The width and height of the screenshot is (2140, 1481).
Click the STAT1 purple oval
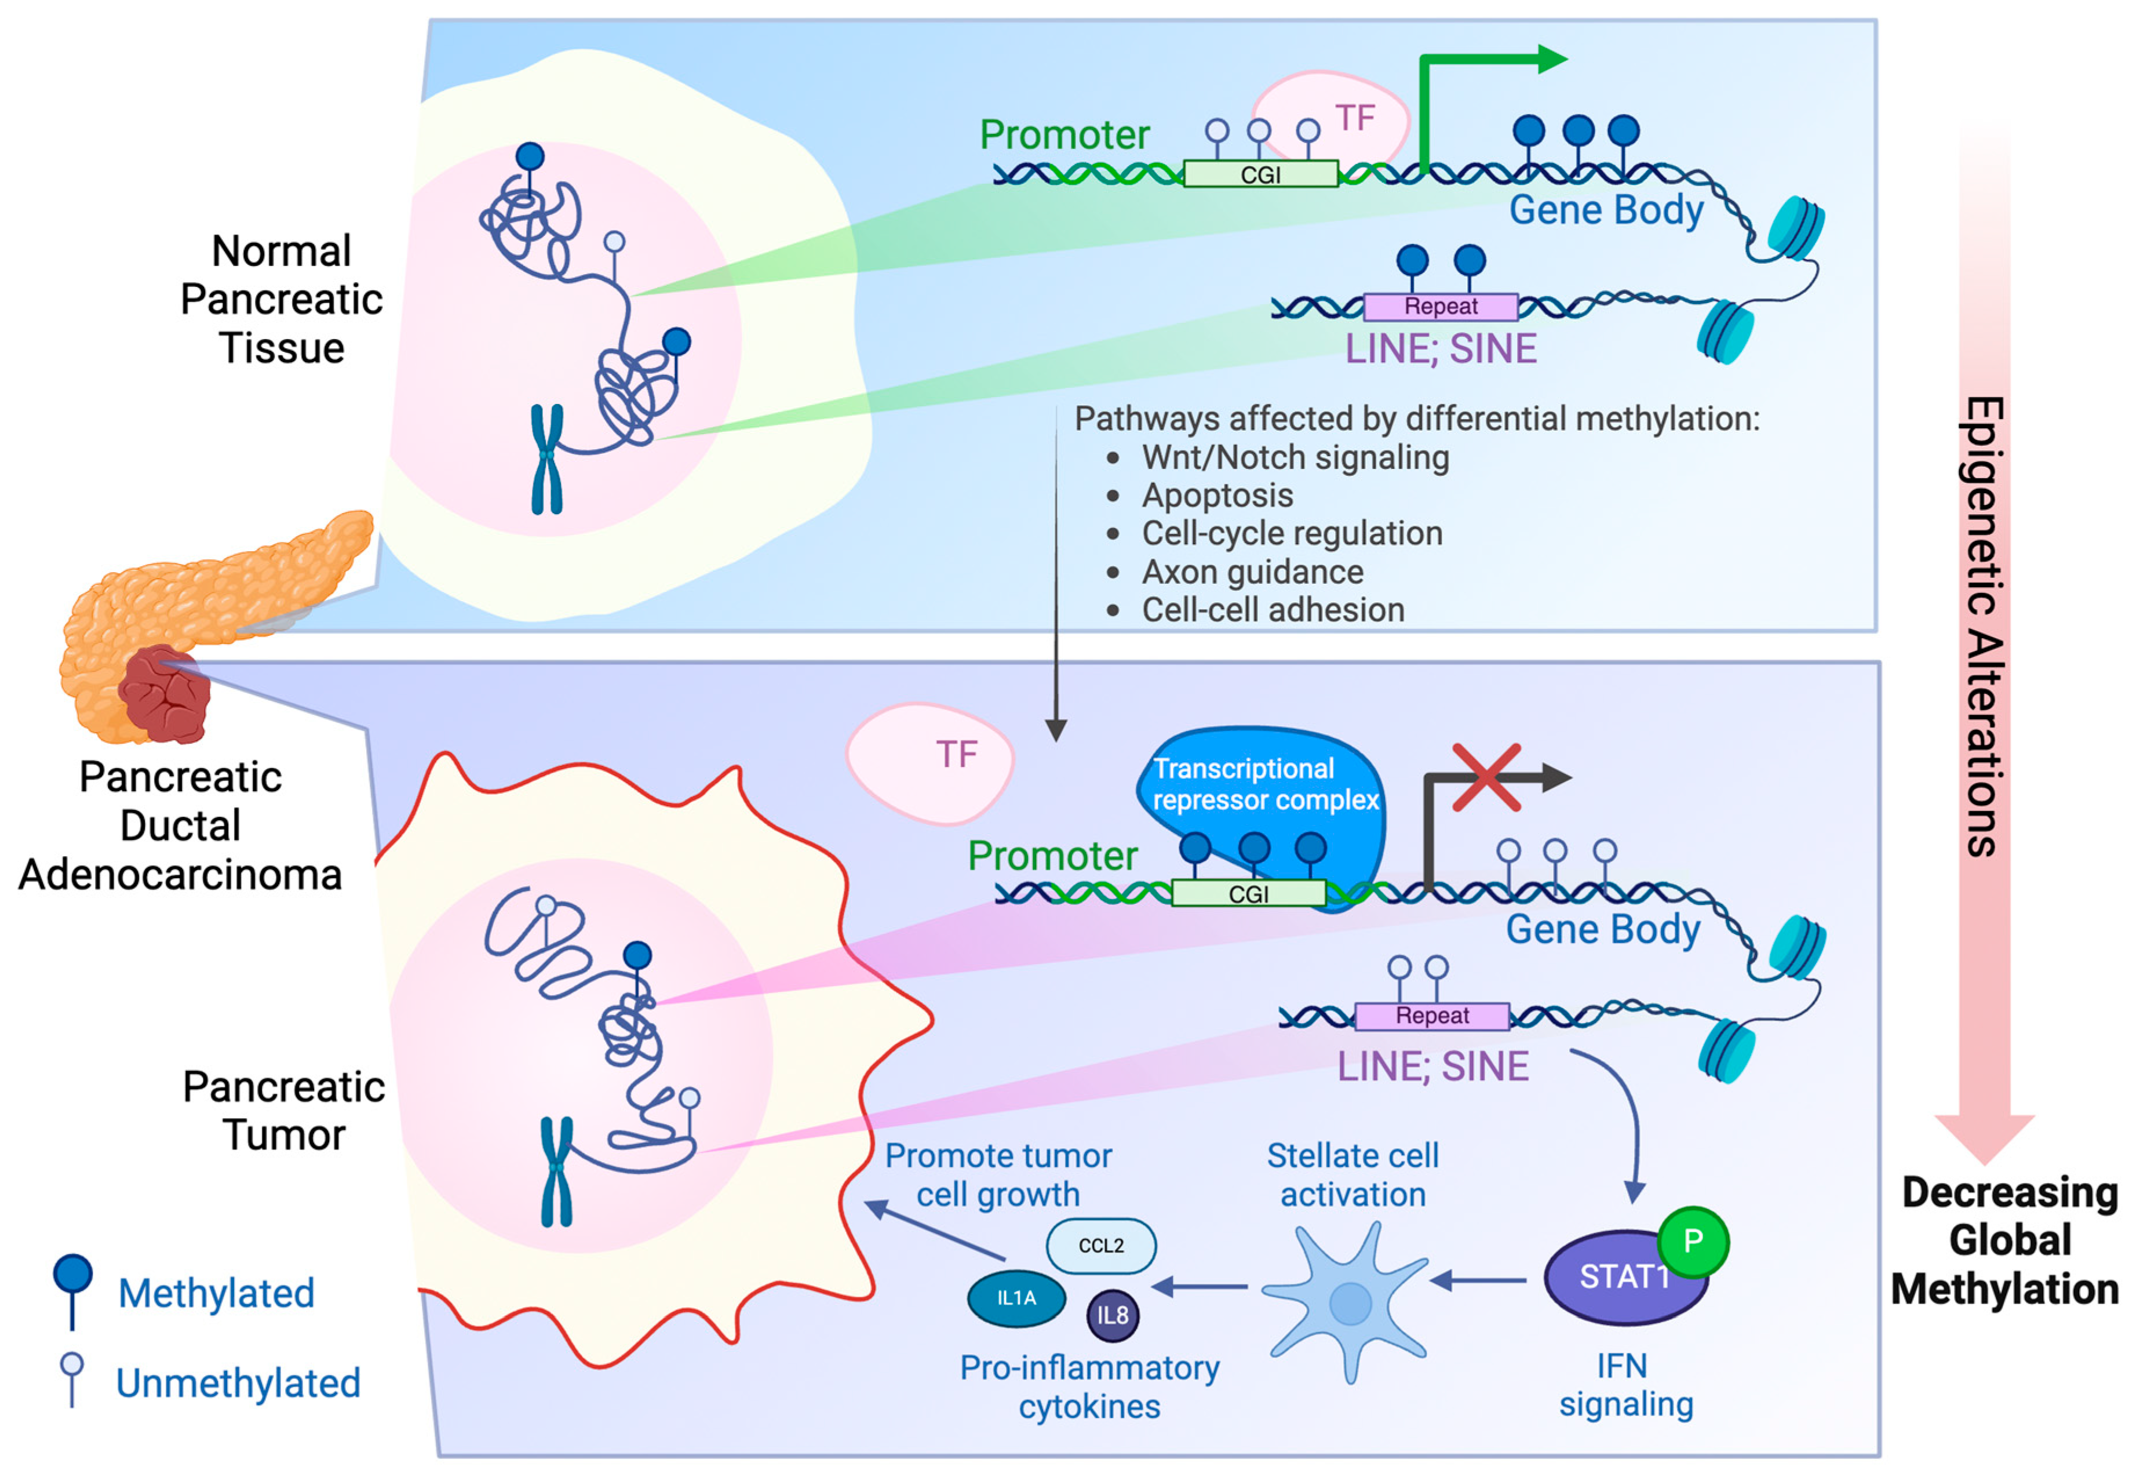coord(1614,1280)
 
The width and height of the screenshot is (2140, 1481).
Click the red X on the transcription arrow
coord(1486,778)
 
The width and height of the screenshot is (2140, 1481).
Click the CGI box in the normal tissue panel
coord(1260,174)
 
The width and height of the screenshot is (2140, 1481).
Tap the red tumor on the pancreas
coord(165,696)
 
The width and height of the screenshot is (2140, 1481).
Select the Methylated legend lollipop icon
coord(73,1290)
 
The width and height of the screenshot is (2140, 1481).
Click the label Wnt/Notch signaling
coord(1295,457)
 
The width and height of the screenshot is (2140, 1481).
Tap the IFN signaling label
coord(1625,1385)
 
